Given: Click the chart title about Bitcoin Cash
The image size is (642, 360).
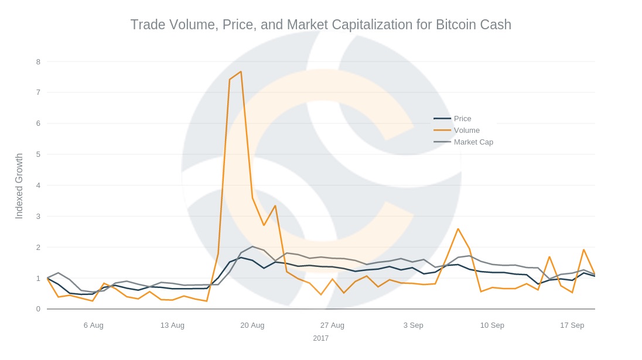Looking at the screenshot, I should (320, 25).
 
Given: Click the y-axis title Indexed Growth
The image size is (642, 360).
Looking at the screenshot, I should (19, 186).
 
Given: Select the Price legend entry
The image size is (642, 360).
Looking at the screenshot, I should (462, 119).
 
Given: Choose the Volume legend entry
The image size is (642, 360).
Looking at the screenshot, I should (466, 131).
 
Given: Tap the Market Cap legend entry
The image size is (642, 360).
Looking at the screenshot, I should (473, 142).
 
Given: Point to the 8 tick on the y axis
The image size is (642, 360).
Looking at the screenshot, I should (38, 61).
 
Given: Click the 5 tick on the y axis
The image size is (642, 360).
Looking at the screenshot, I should (38, 155).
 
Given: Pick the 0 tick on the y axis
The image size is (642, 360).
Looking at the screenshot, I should (38, 309).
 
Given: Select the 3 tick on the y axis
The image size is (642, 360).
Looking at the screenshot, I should (38, 217).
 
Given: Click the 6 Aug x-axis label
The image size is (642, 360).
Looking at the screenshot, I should (94, 325).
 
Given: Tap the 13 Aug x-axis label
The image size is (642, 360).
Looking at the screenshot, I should (172, 325).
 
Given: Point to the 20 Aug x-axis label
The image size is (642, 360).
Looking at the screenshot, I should (252, 325).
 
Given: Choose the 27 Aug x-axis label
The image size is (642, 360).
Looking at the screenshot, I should (332, 325).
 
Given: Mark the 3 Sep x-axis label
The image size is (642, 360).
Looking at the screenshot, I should (413, 325).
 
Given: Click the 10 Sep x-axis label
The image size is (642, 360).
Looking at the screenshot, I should (492, 325).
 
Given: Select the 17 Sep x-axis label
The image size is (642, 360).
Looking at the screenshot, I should (572, 325).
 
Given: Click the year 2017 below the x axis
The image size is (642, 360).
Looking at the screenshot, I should (320, 338).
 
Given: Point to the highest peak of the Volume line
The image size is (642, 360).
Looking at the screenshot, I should (241, 71).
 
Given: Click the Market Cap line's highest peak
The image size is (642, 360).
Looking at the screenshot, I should (252, 246).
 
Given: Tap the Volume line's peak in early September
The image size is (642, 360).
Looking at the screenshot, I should (458, 228).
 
